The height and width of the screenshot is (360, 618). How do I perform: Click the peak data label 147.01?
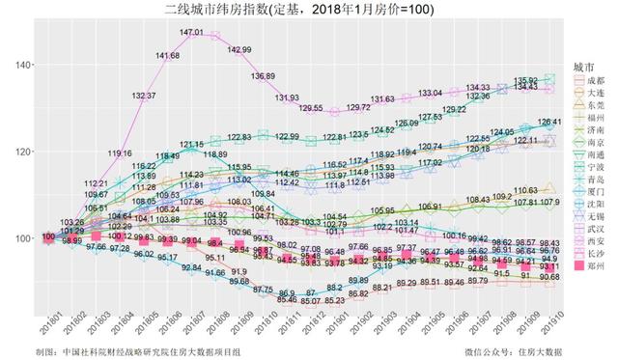coord(191,33)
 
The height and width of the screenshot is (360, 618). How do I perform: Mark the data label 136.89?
coord(263,75)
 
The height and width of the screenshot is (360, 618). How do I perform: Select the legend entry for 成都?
coord(591,78)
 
